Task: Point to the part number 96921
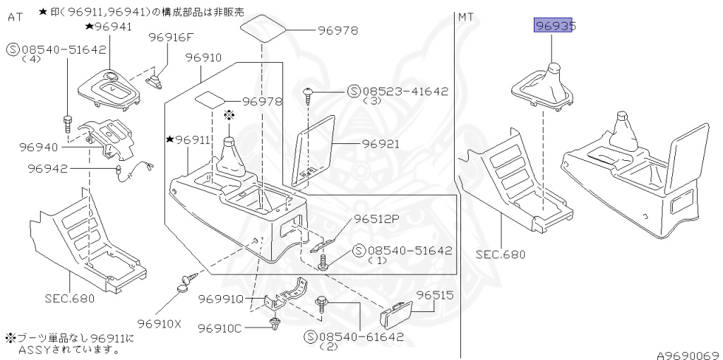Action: point(381,144)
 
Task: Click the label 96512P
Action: point(376,219)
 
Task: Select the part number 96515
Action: point(434,294)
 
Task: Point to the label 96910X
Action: point(160,324)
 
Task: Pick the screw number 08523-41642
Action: point(405,92)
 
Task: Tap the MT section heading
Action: point(466,16)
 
